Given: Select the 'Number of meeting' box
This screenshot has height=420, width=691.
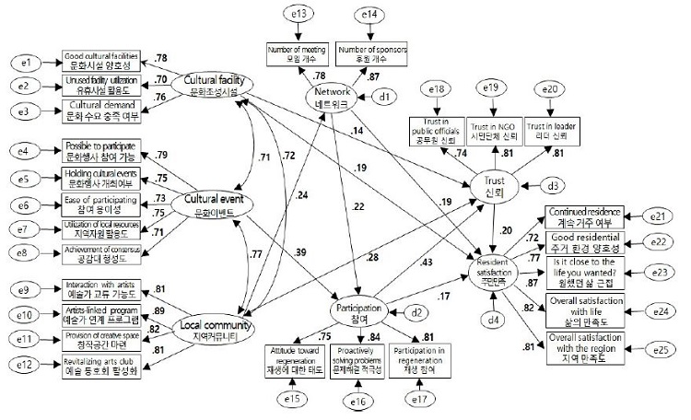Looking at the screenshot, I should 298,52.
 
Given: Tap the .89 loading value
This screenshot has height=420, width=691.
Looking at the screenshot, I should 158,310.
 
